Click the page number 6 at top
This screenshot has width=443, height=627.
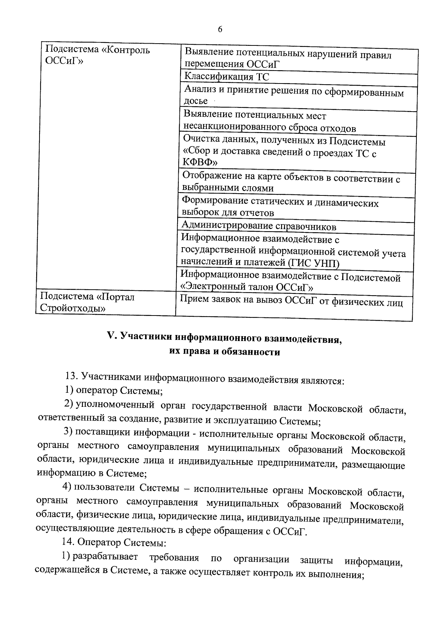pos(220,30)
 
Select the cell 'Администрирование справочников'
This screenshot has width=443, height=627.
pos(259,226)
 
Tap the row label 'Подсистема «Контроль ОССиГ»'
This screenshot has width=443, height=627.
pos(97,55)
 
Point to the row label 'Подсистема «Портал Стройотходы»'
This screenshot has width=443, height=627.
pos(87,302)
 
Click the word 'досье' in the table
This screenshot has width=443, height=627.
pos(196,101)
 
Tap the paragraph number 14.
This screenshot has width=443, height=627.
pos(70,542)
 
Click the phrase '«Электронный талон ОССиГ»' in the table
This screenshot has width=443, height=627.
pos(247,287)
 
